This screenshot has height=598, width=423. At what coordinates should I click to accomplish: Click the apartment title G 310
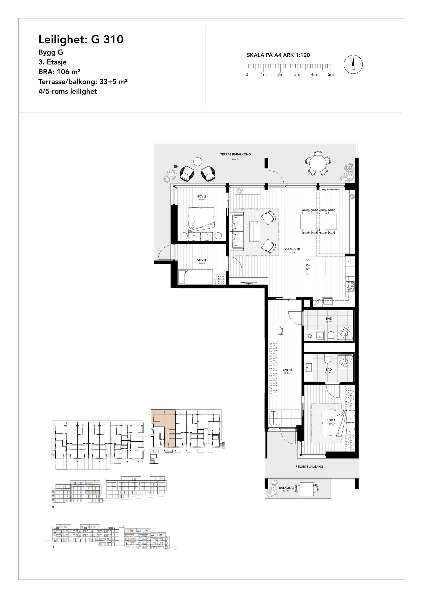(x=81, y=40)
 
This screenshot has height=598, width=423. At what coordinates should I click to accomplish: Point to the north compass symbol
(x=353, y=64)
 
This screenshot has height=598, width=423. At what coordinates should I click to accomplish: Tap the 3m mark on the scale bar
(x=297, y=75)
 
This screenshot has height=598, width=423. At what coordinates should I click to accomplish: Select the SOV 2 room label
(x=201, y=197)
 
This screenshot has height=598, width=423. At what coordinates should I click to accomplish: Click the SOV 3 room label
(x=201, y=260)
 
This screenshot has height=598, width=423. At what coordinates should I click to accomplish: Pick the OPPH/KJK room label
(x=293, y=249)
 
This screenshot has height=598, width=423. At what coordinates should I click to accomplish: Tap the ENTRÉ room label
(x=287, y=370)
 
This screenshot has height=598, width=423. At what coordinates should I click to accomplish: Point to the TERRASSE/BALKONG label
(x=235, y=154)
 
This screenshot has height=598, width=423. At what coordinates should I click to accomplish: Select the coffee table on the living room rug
(x=255, y=231)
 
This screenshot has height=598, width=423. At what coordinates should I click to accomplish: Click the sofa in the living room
(x=237, y=231)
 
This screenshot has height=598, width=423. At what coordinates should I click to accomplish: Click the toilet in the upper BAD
(x=331, y=336)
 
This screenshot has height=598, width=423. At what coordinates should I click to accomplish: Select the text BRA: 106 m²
(x=59, y=72)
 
